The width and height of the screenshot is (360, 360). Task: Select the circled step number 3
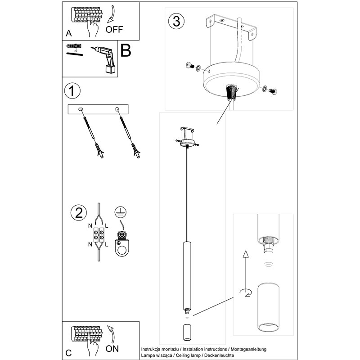point(176,21)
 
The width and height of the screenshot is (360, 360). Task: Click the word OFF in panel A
point(114,30)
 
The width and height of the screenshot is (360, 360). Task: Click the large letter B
point(126,51)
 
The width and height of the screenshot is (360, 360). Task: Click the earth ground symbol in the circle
point(119,211)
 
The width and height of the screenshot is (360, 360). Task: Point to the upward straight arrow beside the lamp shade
point(246,270)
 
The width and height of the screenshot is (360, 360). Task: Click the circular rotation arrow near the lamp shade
point(245,293)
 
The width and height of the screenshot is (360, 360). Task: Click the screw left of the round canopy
point(190,67)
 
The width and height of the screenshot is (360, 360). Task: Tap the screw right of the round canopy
point(272,90)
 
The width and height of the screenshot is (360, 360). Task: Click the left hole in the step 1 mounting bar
point(81,108)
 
